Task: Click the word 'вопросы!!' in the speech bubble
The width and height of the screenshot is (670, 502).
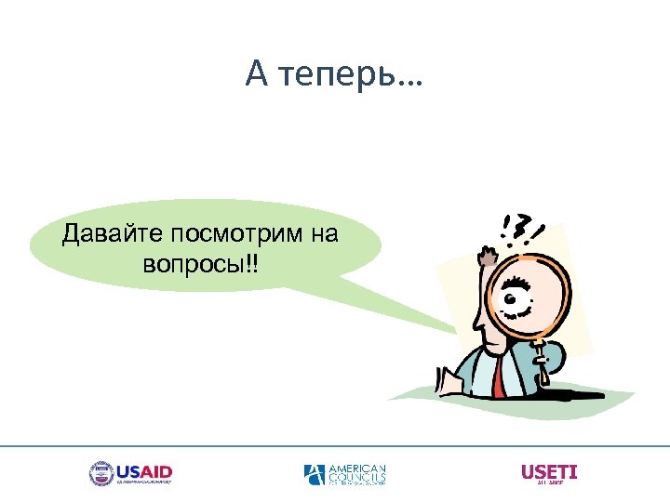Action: [x=202, y=264]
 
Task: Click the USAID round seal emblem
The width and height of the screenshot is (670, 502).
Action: [x=100, y=473]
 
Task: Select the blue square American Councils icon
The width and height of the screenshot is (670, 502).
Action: [x=315, y=474]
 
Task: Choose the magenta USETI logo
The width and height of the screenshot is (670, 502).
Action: [x=549, y=472]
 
